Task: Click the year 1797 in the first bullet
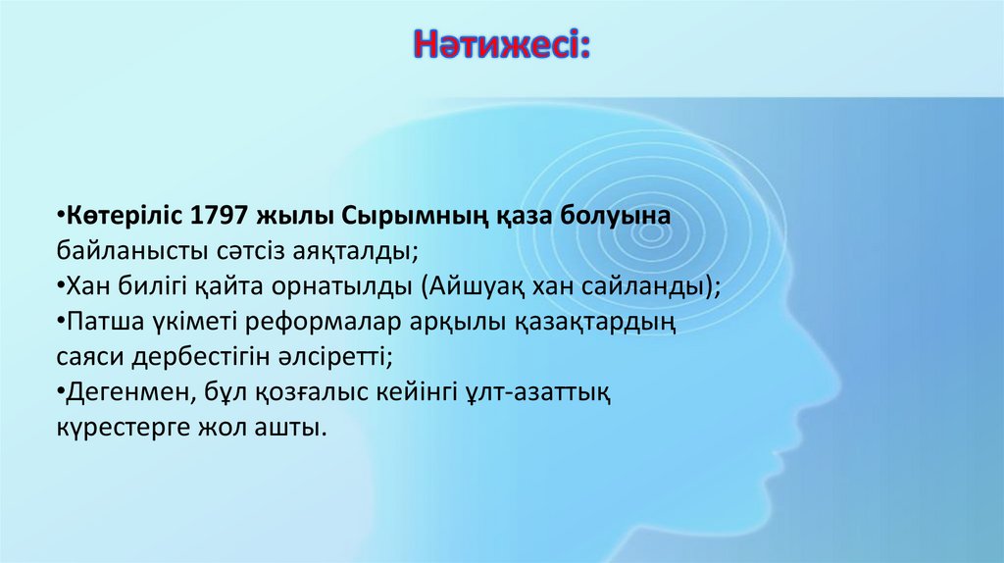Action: pyautogui.click(x=220, y=216)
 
